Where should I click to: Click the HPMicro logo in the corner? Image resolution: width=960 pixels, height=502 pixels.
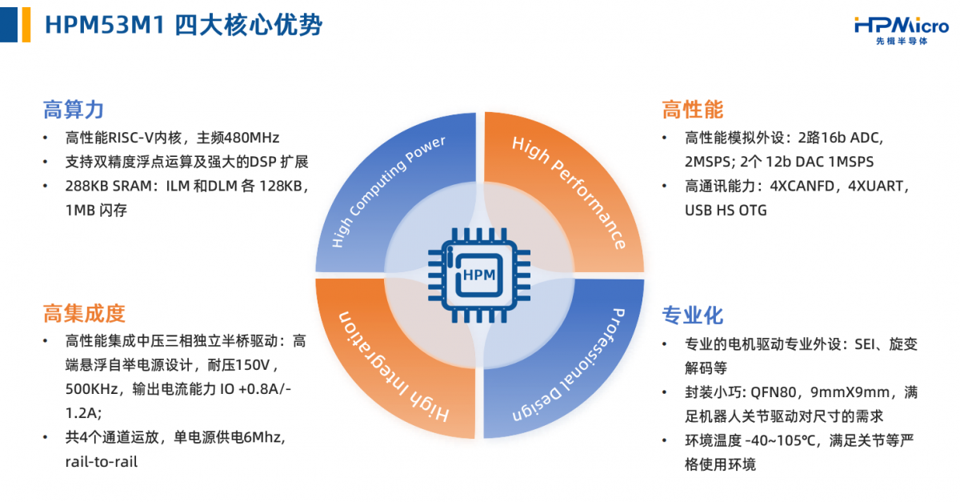(x=902, y=30)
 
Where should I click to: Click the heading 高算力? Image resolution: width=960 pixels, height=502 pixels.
(x=74, y=110)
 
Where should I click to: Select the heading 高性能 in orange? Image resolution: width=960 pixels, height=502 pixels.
(x=693, y=110)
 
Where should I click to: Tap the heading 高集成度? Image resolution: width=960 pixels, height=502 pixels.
(x=84, y=313)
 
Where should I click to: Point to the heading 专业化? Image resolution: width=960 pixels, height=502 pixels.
(x=693, y=315)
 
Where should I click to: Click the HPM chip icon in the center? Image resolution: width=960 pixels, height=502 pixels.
(x=479, y=275)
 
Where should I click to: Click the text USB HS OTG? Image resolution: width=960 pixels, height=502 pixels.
(x=726, y=211)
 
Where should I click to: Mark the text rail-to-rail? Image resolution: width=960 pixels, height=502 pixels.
(x=101, y=462)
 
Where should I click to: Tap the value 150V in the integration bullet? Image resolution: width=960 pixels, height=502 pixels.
(x=253, y=365)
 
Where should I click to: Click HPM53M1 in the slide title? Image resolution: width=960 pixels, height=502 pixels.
(x=105, y=25)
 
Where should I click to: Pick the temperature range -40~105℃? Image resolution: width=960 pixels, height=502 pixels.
(x=780, y=440)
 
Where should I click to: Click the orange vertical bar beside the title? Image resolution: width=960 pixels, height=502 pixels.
(x=26, y=25)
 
